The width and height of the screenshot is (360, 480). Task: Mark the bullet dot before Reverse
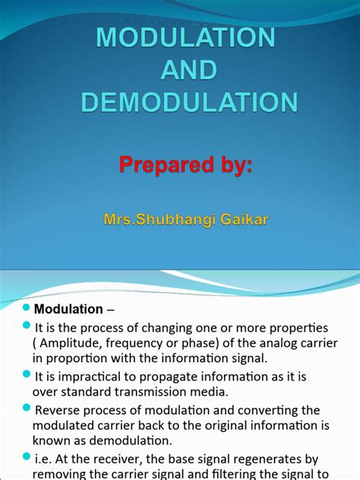click(26, 409)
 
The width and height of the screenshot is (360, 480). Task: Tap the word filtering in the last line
click(235, 475)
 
